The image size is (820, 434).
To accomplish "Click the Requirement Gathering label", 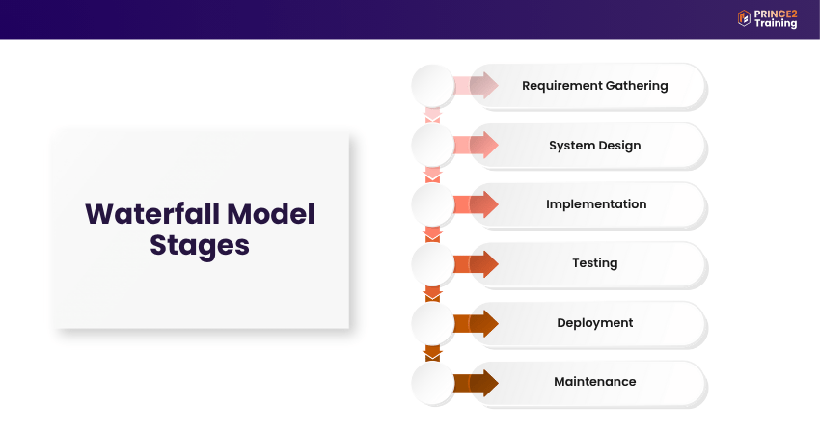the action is pyautogui.click(x=594, y=86).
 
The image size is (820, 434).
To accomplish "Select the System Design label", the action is pyautogui.click(x=594, y=146).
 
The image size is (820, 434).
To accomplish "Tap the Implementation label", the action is pyautogui.click(x=596, y=203).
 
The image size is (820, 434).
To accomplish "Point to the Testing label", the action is pyautogui.click(x=594, y=263).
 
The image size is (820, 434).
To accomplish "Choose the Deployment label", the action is pyautogui.click(x=594, y=323).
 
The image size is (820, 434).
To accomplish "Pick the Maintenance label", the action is pyautogui.click(x=594, y=382).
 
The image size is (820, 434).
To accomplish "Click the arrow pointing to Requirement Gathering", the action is pyautogui.click(x=476, y=85).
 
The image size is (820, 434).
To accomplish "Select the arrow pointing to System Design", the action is pyautogui.click(x=476, y=145).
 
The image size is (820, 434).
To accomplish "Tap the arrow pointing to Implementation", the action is pyautogui.click(x=476, y=204).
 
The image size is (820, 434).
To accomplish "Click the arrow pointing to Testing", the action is pyautogui.click(x=476, y=264).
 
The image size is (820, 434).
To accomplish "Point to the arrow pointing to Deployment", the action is pyautogui.click(x=476, y=324).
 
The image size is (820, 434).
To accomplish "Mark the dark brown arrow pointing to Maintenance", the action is pyautogui.click(x=476, y=383).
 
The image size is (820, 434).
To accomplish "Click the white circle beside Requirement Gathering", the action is pyautogui.click(x=432, y=86).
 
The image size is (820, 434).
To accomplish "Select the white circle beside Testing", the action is pyautogui.click(x=432, y=264).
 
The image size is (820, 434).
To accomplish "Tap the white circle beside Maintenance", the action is pyautogui.click(x=432, y=383).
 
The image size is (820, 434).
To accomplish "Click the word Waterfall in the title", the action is pyautogui.click(x=152, y=214).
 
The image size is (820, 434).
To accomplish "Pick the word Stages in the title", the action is pyautogui.click(x=200, y=246).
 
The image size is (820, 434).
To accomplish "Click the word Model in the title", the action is pyautogui.click(x=271, y=214).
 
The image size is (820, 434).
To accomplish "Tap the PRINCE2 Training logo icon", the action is pyautogui.click(x=744, y=18).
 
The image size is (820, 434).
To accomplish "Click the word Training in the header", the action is pyautogui.click(x=776, y=23).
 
